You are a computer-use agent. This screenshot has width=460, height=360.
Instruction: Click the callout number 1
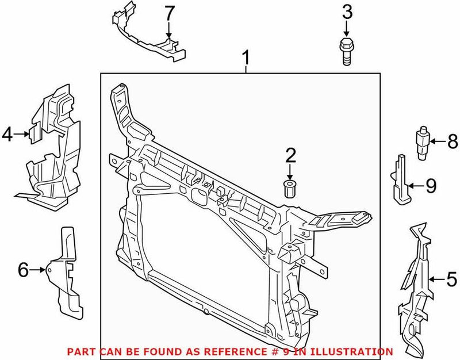pos(246,58)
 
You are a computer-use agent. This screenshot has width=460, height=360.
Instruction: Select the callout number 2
pos(290,155)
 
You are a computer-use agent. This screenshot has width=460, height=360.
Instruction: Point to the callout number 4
pos(8,135)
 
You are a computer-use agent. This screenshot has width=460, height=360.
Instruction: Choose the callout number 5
pos(453,280)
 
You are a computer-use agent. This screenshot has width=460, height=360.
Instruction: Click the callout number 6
pos(24,269)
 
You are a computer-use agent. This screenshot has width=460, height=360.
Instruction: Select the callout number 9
pos(431,185)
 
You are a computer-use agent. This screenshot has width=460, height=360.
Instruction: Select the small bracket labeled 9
pos(401,179)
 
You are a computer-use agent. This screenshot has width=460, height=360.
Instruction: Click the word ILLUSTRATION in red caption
pos(360,351)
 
